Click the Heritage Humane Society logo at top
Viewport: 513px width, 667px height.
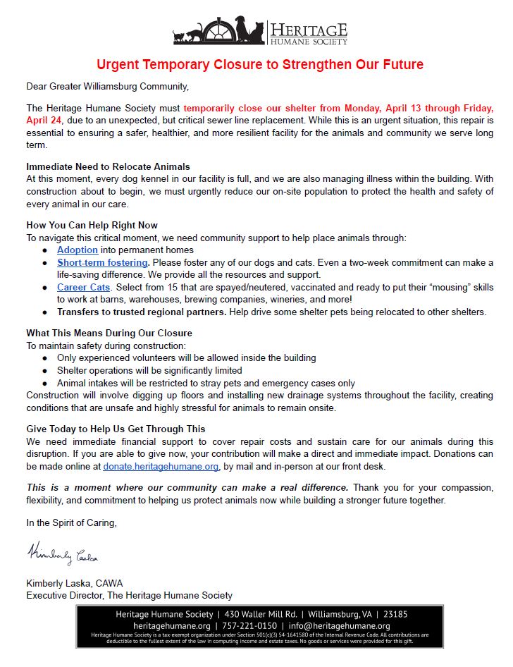pyautogui.click(x=260, y=31)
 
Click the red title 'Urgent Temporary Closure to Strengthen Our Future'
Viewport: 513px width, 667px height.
pyautogui.click(x=260, y=65)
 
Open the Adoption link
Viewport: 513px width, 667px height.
pyautogui.click(x=78, y=250)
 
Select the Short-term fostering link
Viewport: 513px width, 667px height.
pyautogui.click(x=102, y=263)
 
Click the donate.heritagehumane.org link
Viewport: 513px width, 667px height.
pyautogui.click(x=161, y=466)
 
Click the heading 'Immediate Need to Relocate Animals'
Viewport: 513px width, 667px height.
pyautogui.click(x=108, y=166)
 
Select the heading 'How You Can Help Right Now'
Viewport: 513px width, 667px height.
pyautogui.click(x=92, y=226)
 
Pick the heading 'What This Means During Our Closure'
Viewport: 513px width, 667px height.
pyautogui.click(x=109, y=333)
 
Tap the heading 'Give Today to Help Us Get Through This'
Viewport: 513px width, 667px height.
pyautogui.click(x=116, y=429)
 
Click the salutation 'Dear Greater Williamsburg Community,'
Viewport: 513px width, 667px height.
pyautogui.click(x=108, y=87)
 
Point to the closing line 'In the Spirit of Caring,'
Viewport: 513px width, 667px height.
pyautogui.click(x=71, y=523)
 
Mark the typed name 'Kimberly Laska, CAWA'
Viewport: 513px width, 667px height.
pyautogui.click(x=75, y=583)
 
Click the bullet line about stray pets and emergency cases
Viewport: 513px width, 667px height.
pyautogui.click(x=206, y=383)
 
